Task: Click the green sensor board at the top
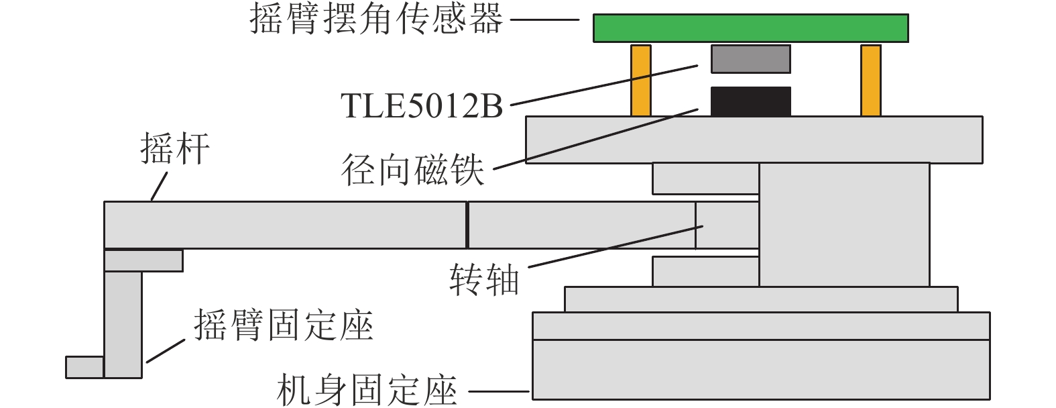(x=750, y=28)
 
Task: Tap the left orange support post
(x=641, y=81)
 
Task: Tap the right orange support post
(x=870, y=81)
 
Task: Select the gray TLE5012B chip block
(x=750, y=59)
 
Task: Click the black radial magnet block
(x=750, y=101)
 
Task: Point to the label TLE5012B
(x=422, y=106)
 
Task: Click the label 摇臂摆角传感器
(x=376, y=19)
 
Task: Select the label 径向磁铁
(x=413, y=170)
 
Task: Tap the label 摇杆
(x=175, y=149)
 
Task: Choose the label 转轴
(x=484, y=280)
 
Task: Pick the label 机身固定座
(x=367, y=391)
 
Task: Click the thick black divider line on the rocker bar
(x=467, y=225)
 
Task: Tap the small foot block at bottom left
(x=84, y=367)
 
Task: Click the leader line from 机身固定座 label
(x=500, y=391)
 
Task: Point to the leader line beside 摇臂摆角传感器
(x=544, y=19)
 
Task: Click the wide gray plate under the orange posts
(x=754, y=140)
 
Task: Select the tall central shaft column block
(x=844, y=224)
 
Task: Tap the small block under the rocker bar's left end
(x=143, y=260)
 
